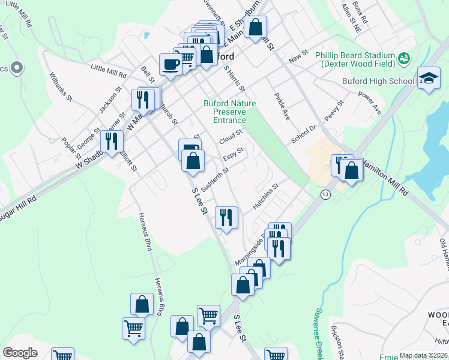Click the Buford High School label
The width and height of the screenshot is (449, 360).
378,81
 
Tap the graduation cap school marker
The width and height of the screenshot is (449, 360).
429,78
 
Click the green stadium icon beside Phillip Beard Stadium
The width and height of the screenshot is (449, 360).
405,58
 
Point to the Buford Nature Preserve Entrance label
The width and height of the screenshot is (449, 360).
229,112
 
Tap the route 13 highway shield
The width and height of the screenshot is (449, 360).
325,194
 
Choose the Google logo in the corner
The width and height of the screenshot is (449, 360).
20,353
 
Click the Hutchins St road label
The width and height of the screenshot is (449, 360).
266,196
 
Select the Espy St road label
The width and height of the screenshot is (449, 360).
234,154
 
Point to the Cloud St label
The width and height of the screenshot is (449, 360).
230,137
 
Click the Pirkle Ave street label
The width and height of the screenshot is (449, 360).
282,106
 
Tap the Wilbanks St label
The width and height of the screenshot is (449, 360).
61,86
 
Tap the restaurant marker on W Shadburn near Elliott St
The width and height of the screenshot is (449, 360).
112,142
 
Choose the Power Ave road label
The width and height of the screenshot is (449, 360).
369,103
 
